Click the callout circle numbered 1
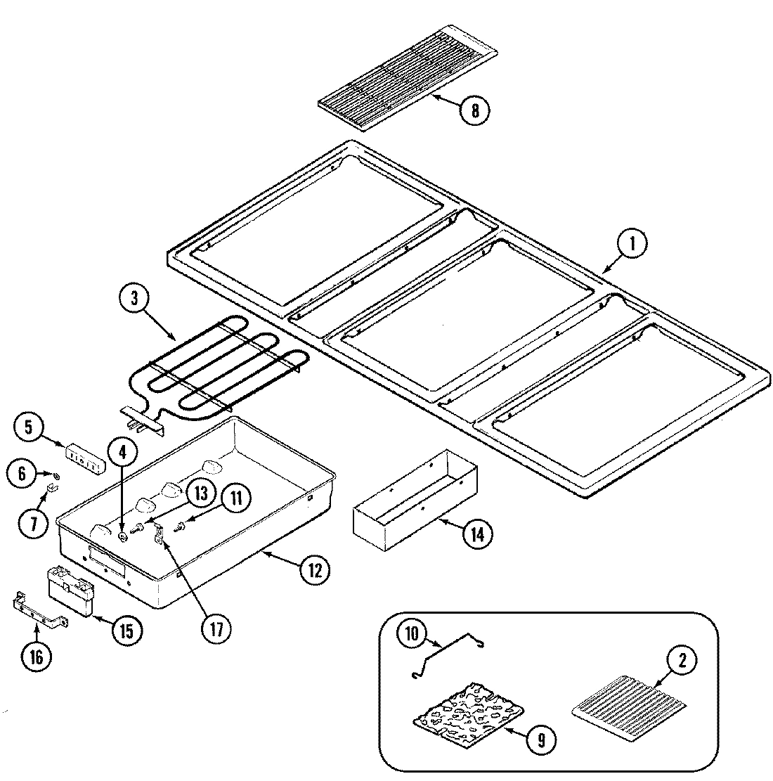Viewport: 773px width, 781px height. click(x=632, y=245)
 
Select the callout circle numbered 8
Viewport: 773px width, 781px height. click(x=475, y=111)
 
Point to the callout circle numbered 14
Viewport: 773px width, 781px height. click(x=476, y=535)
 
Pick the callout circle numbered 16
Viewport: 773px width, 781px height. click(x=37, y=657)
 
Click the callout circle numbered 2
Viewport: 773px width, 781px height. click(x=682, y=661)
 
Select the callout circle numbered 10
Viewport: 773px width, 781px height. click(x=411, y=633)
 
